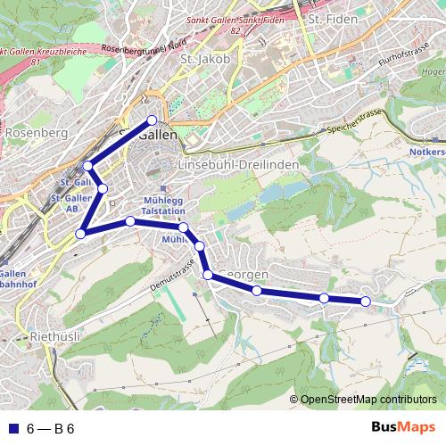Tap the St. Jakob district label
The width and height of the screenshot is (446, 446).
tap(205, 59)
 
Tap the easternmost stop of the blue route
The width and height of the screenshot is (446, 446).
tap(365, 301)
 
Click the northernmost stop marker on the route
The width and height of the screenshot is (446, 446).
tap(152, 120)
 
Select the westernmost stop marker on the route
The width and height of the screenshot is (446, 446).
tap(80, 234)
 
